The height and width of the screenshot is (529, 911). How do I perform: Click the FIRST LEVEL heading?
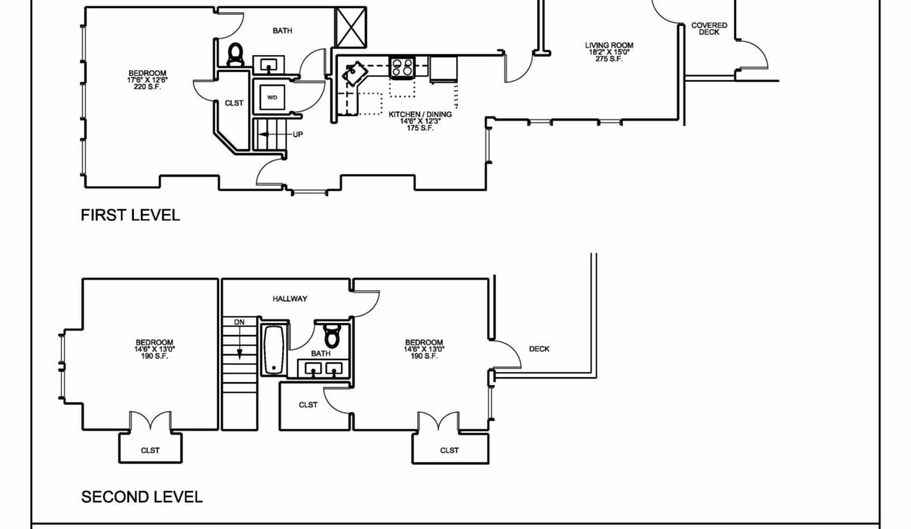pos(130,215)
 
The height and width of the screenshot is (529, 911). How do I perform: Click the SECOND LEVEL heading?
pos(142,497)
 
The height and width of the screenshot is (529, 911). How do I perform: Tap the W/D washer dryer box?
pos(272,97)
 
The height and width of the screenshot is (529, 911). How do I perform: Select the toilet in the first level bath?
pos(235,54)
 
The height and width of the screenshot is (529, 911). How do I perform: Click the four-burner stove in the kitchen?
pos(402,67)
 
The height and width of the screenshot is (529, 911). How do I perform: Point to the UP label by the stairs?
pos(298,134)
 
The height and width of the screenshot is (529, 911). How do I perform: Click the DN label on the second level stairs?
pos(240,323)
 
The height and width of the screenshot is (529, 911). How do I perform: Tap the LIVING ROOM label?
pos(609,46)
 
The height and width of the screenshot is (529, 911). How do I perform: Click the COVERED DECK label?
pos(709,29)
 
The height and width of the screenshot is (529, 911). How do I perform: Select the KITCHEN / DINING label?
pos(420,115)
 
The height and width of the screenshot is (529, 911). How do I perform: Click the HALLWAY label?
pos(289,299)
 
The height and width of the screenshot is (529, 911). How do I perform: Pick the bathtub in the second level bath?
pos(274,350)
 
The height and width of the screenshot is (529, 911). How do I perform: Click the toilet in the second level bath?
pos(332,336)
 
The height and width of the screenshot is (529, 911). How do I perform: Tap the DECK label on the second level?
pos(539,349)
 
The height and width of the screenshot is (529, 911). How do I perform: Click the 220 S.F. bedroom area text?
pos(148,87)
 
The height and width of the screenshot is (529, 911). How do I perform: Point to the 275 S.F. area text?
pos(609,59)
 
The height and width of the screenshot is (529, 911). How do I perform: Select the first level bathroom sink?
pos(268,65)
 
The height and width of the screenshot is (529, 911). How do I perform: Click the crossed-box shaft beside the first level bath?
pos(350,27)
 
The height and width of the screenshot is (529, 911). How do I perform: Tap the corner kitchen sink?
pos(355,73)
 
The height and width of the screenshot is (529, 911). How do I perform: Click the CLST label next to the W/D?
pos(234,104)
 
